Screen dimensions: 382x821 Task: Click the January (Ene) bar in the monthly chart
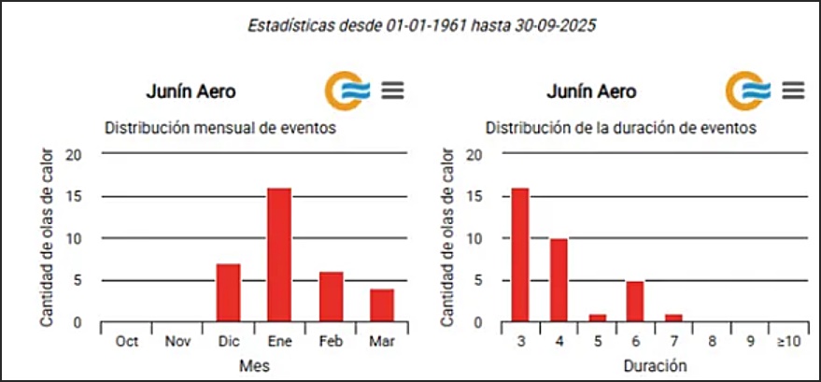(x=279, y=255)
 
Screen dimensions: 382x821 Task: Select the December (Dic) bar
(x=228, y=292)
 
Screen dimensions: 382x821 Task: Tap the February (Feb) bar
(x=331, y=297)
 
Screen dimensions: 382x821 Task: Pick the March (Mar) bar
(x=382, y=305)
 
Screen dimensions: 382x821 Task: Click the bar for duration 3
(x=520, y=255)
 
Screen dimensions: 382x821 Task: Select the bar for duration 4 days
(x=558, y=280)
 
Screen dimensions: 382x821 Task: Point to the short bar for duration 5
(x=597, y=318)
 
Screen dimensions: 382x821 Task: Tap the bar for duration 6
(x=634, y=301)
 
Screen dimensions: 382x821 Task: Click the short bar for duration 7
(x=673, y=318)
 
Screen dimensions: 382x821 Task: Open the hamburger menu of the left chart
(x=393, y=90)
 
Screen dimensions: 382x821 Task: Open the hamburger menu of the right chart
(x=794, y=90)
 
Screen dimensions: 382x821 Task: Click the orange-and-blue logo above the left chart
(x=347, y=90)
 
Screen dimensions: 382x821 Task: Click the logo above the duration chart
(x=748, y=90)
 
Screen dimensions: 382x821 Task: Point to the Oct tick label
(x=126, y=342)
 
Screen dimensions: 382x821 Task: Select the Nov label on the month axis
(x=177, y=342)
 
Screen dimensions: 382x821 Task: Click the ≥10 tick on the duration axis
(x=787, y=342)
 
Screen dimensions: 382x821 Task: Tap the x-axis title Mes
(x=254, y=364)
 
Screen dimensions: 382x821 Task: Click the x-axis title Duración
(x=655, y=364)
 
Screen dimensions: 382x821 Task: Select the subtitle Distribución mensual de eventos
(x=220, y=127)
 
